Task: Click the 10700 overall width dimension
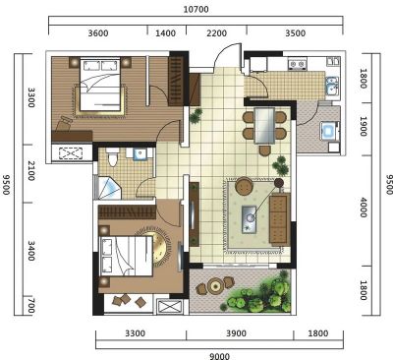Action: [196, 9]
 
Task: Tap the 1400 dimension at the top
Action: [165, 33]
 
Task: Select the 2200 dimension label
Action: [217, 33]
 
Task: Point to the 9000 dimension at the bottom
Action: [219, 356]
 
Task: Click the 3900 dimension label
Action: [236, 333]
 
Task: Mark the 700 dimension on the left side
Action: [30, 306]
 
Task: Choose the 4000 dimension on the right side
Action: [364, 208]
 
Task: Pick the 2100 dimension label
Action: [30, 171]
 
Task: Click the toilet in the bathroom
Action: [113, 156]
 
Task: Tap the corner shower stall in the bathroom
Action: [108, 188]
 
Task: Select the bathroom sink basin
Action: [140, 153]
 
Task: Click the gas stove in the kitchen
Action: [298, 64]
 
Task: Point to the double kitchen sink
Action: [332, 86]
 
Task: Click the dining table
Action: [264, 126]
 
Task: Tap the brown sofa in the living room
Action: [280, 219]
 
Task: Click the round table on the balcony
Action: [215, 286]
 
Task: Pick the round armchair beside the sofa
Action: [244, 186]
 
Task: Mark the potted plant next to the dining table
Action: [281, 165]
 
